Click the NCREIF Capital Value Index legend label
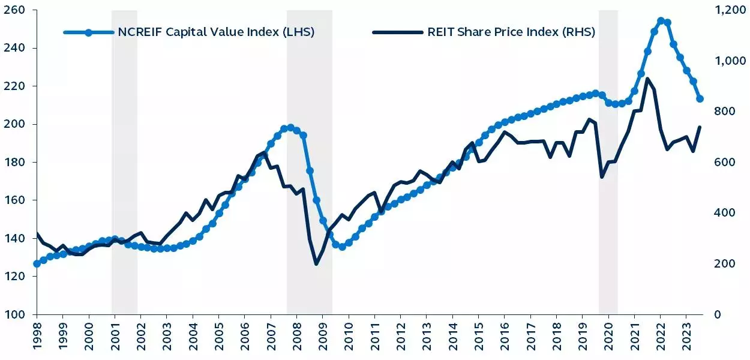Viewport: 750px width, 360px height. coord(216,32)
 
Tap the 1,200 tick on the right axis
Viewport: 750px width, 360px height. coord(727,10)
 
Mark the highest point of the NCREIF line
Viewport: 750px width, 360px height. coord(661,21)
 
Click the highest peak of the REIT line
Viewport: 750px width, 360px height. coord(647,79)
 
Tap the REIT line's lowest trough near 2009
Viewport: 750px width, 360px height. coord(316,264)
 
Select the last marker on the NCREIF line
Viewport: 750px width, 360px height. coord(700,99)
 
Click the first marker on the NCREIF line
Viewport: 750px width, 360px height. coord(37,263)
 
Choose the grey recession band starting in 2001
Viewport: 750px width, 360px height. coord(124,162)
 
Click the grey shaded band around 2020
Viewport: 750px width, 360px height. coord(608,162)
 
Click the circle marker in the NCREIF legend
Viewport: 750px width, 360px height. coord(88,32)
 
